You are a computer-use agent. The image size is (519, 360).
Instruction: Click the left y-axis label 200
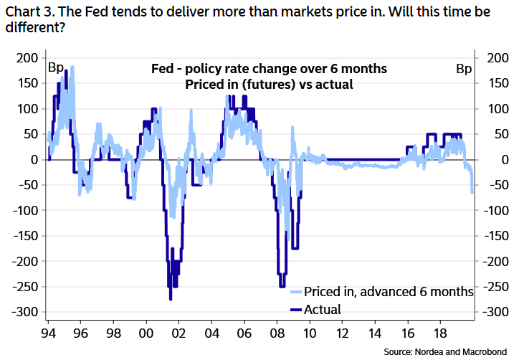tap(27, 58)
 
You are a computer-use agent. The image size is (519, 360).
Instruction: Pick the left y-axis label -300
tap(25, 313)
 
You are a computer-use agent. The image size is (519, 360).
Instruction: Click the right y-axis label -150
tap(498, 237)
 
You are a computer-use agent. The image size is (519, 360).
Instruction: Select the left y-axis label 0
tap(34, 160)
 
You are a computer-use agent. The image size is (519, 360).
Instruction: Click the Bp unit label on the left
tap(56, 69)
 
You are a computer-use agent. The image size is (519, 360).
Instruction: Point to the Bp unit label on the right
tap(464, 69)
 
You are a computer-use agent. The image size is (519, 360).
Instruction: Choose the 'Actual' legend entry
tap(323, 310)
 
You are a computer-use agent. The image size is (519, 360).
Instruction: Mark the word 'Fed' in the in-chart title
tap(162, 70)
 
